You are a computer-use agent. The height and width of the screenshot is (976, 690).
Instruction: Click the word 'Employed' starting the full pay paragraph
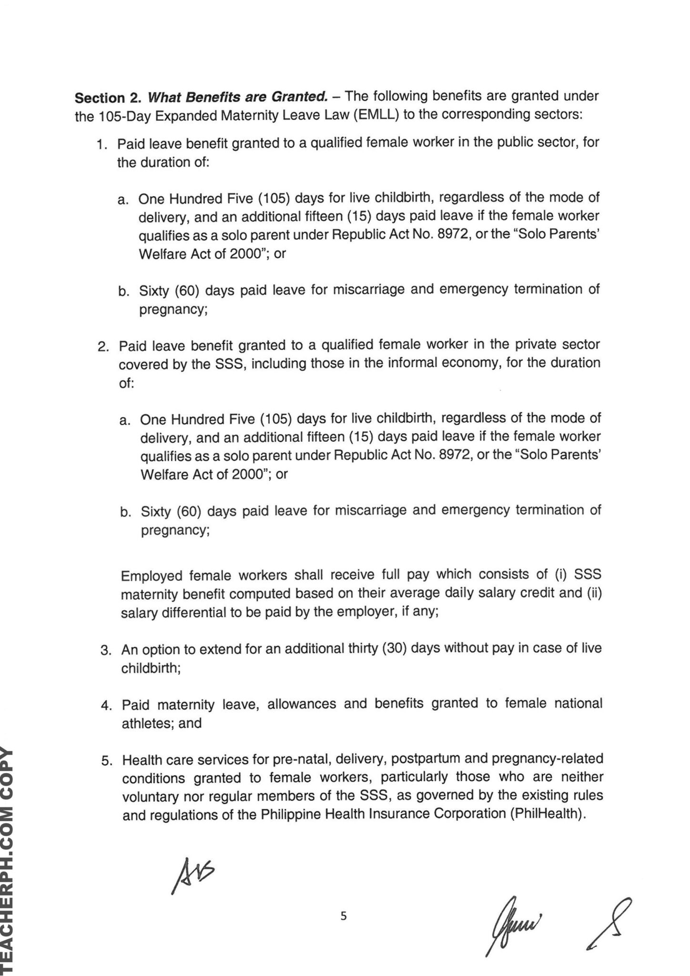click(x=151, y=576)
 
